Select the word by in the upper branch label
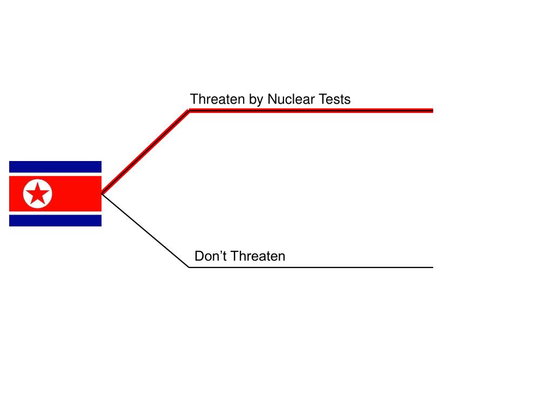pos(255,100)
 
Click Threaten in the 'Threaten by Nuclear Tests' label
pos(217,99)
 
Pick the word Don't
pos(207,256)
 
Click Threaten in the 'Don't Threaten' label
pos(258,256)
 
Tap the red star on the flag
pos(38,193)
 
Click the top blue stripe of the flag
pos(55,166)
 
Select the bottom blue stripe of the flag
pos(55,220)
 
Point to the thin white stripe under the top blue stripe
pos(55,174)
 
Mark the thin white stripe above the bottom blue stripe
pos(55,213)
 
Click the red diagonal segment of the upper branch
pos(145,152)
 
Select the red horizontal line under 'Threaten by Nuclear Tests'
pos(311,110)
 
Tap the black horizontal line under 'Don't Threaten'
pos(311,267)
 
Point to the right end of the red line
pos(432,110)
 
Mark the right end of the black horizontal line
pos(432,267)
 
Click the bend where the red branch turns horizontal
pos(189,110)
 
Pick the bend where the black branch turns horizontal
pos(189,267)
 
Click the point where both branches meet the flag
pos(102,193)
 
